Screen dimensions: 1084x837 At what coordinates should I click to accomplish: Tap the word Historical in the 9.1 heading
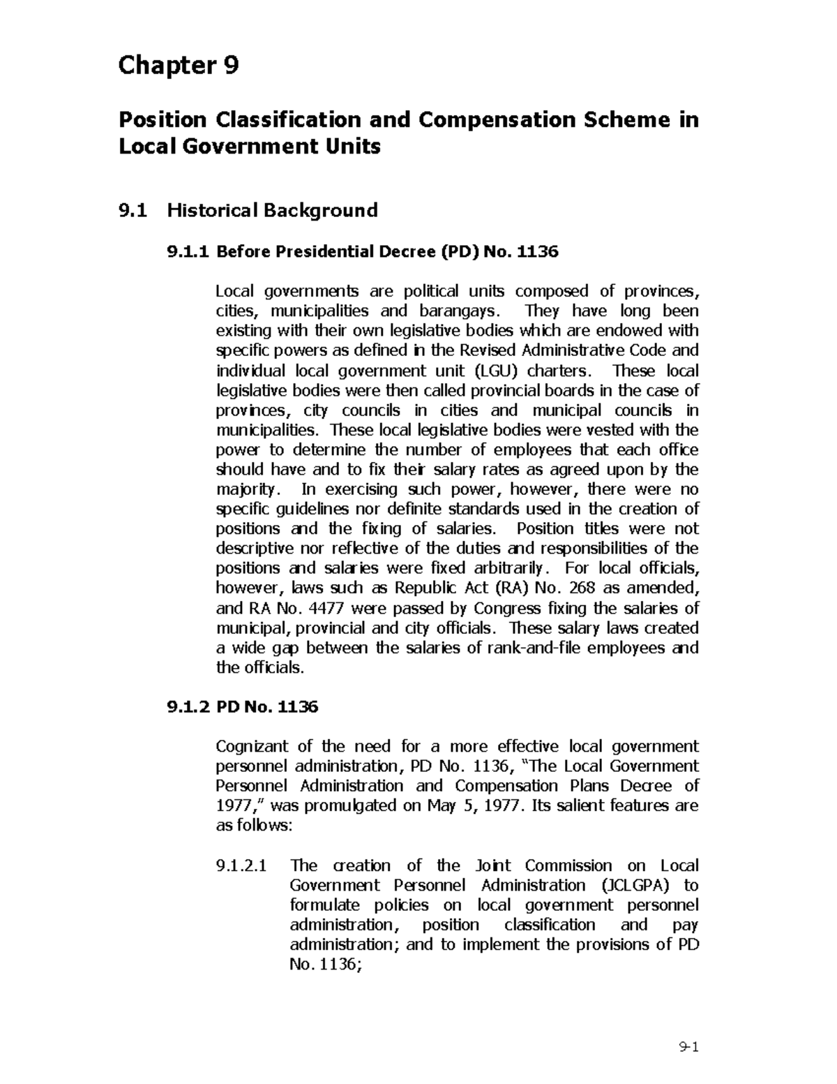pos(211,210)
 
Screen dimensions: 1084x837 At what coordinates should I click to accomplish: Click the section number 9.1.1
pos(188,251)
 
